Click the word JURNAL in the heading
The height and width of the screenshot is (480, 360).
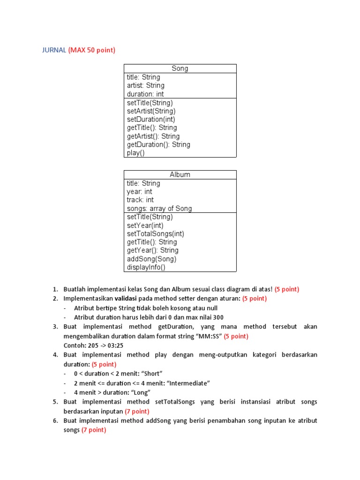54,50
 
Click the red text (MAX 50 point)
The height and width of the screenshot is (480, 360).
91,50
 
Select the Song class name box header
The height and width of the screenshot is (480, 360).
180,68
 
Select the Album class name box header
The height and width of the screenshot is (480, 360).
180,174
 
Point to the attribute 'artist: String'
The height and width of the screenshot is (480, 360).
145,85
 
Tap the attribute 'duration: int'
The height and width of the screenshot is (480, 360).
145,94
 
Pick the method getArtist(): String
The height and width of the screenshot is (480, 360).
153,136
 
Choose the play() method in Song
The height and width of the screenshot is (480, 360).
136,153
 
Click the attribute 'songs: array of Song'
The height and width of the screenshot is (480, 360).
159,208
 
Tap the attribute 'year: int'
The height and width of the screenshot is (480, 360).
139,191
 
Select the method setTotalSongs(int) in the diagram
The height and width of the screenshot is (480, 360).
155,233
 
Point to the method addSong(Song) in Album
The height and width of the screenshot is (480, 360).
151,259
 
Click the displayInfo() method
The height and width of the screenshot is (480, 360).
146,267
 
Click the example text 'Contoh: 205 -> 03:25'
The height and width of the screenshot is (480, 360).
93,345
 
